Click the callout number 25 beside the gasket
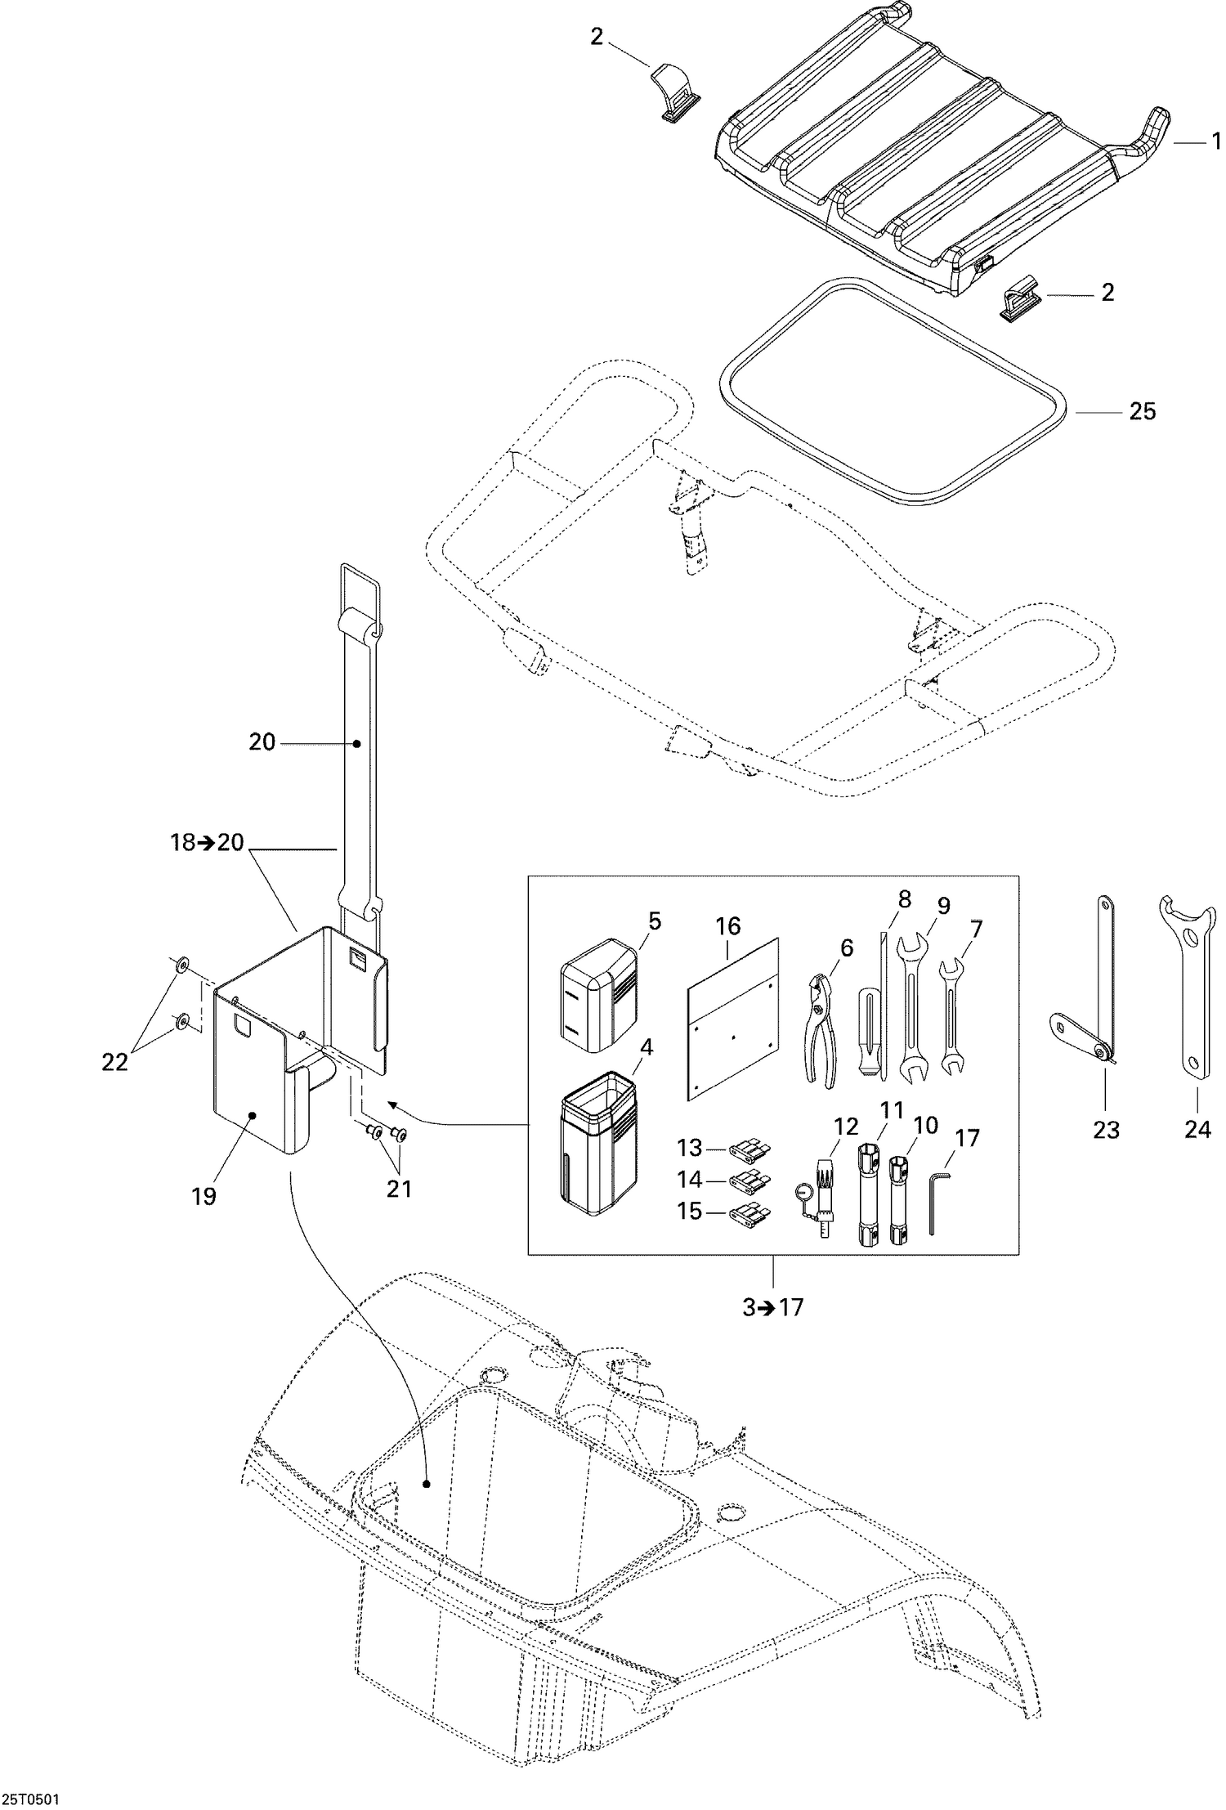(x=1142, y=411)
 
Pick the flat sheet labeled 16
(x=733, y=1019)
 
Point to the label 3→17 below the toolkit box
(x=772, y=1307)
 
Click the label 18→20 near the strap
(x=208, y=842)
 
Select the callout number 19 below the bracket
(x=204, y=1196)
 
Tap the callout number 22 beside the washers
(x=115, y=1062)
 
